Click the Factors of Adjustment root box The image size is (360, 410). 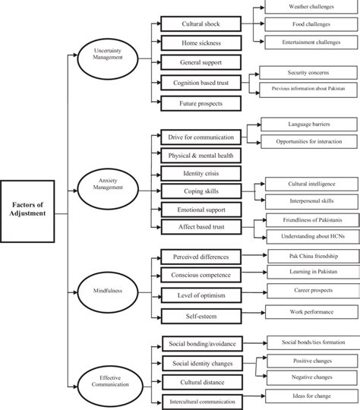click(x=32, y=208)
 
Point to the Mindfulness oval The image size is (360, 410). click(x=109, y=289)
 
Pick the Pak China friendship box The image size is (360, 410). click(x=310, y=257)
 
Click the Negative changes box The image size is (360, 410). click(x=310, y=377)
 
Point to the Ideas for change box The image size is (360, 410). click(x=310, y=396)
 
